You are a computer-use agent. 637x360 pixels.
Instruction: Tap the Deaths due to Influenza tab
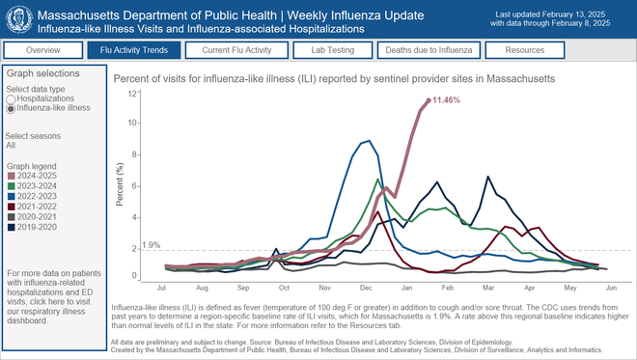(x=431, y=50)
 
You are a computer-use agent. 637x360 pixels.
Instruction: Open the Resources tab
(x=530, y=50)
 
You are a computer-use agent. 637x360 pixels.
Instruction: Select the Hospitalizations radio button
(x=11, y=98)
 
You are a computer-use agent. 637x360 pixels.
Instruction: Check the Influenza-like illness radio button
(x=11, y=108)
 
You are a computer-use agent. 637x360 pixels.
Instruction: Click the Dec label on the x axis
(x=367, y=288)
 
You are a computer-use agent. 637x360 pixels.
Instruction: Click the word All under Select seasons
(x=11, y=146)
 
